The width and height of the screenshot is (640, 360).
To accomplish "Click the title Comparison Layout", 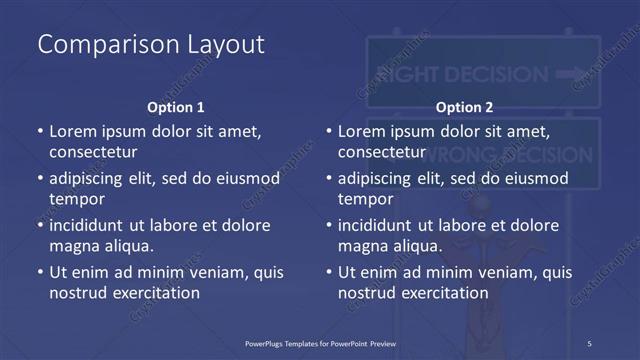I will (x=151, y=44).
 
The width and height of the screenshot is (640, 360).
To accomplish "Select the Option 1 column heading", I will (x=175, y=107).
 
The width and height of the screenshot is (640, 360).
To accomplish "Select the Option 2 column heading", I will (x=464, y=107).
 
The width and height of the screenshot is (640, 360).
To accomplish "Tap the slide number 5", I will (x=590, y=343).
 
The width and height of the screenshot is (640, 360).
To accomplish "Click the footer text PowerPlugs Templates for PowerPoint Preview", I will (x=327, y=343).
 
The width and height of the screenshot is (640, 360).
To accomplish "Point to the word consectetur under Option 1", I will (x=93, y=152).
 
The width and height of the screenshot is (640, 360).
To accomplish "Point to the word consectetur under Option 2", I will (x=382, y=152).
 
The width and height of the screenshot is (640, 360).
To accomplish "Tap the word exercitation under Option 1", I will (x=154, y=293).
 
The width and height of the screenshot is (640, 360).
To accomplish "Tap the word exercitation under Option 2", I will (x=443, y=293).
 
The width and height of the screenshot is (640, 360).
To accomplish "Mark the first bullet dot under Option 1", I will (x=40, y=131).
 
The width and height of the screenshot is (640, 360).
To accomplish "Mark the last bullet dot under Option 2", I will (x=329, y=272).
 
